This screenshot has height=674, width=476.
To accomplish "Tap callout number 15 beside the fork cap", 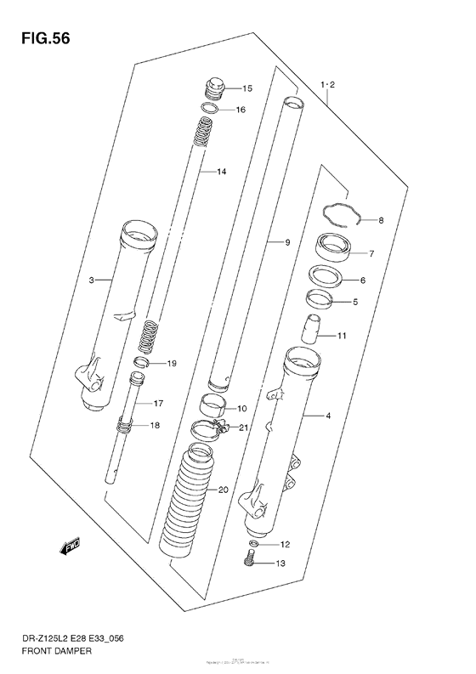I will (x=247, y=88).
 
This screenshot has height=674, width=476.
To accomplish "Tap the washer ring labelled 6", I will (x=325, y=276).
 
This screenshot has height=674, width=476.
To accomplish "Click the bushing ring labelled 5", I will (x=319, y=298).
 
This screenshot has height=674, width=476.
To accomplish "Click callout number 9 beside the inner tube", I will (x=287, y=243).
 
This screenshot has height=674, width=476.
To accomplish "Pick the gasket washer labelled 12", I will (x=254, y=543).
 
